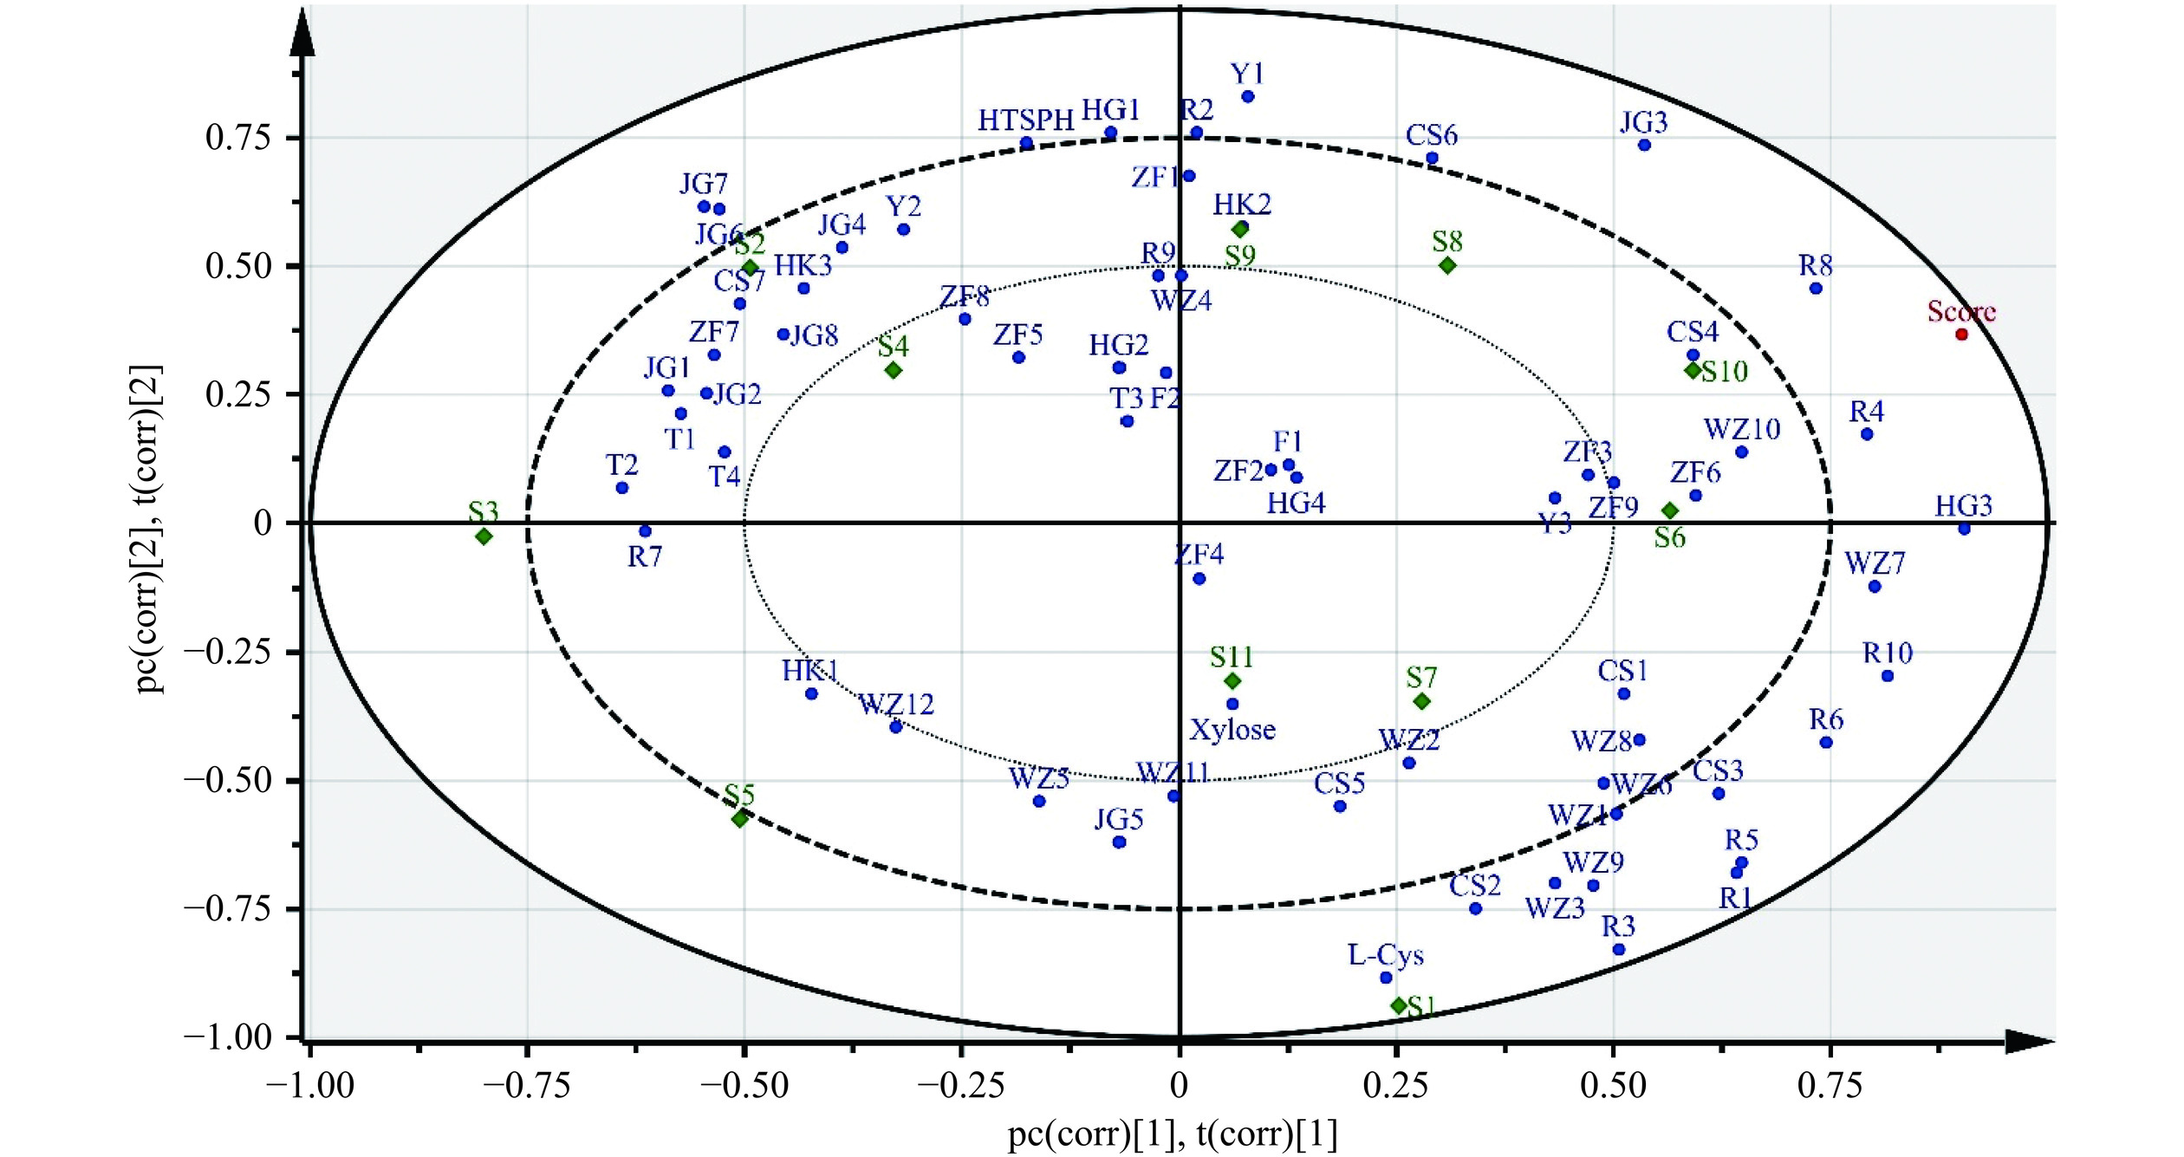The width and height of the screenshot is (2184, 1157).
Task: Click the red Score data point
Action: [1961, 335]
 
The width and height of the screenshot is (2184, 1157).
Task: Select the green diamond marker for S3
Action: [484, 536]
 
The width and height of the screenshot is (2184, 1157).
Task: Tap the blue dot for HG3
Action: [1964, 529]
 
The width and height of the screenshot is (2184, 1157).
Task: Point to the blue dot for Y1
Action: [1248, 97]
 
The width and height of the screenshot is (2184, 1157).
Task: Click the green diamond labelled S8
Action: [1447, 265]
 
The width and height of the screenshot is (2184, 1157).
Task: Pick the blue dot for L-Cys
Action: [1386, 978]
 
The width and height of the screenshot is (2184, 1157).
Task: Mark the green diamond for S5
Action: [740, 818]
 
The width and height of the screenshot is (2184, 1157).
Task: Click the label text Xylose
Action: [1232, 730]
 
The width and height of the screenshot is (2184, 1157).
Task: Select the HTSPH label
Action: [1026, 120]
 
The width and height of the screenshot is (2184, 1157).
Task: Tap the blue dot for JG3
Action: [1644, 145]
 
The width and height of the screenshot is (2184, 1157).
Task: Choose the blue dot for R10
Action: [1887, 676]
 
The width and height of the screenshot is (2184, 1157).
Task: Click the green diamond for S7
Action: [1421, 701]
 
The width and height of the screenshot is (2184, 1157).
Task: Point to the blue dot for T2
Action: [621, 488]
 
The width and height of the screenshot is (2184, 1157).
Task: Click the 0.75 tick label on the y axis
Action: [238, 138]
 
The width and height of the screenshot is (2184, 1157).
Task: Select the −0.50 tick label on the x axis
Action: [744, 1086]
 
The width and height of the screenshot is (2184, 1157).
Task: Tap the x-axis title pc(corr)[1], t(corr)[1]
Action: [1173, 1134]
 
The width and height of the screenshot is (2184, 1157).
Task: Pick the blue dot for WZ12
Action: [896, 727]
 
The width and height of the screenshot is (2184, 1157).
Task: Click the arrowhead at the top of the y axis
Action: [302, 35]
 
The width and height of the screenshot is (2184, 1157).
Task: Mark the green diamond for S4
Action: [894, 370]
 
